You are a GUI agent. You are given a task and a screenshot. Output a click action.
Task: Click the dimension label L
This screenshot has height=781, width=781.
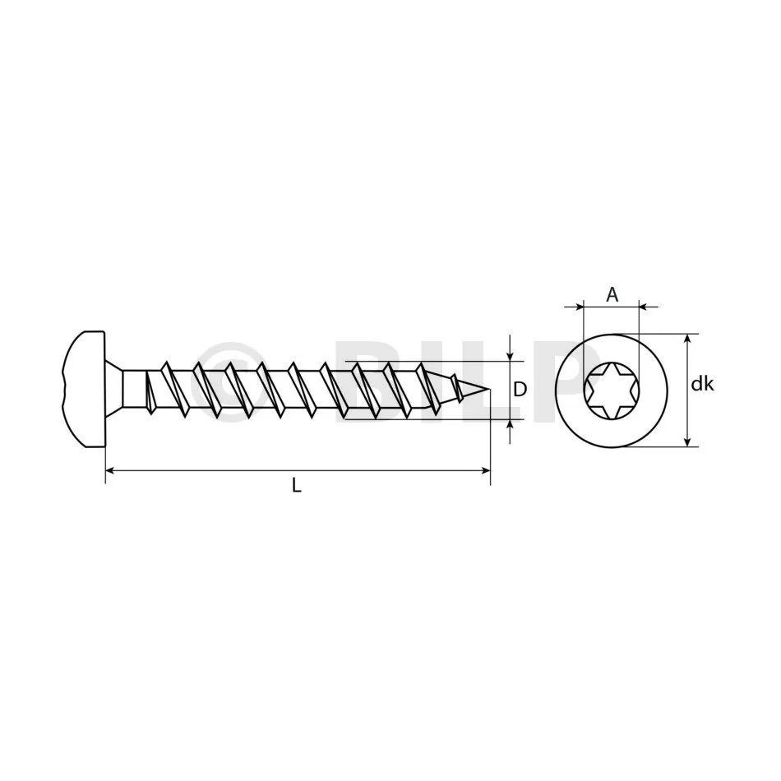point(297,485)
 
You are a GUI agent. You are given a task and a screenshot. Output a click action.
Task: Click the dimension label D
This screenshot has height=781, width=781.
point(520,390)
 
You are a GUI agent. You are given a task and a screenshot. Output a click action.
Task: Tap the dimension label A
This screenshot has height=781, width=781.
point(612,295)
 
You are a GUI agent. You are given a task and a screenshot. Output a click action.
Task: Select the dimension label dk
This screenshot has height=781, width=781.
point(703,384)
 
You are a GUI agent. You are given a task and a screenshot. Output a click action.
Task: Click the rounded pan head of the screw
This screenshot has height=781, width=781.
point(84,389)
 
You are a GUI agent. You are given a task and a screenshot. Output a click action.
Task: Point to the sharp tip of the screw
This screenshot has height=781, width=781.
point(490,389)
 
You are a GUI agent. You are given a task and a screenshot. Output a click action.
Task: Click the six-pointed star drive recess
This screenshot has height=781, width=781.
point(612,390)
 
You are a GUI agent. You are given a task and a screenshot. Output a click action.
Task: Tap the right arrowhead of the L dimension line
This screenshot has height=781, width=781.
point(486,469)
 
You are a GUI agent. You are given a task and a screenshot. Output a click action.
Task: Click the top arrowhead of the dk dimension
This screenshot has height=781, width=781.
point(688,340)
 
